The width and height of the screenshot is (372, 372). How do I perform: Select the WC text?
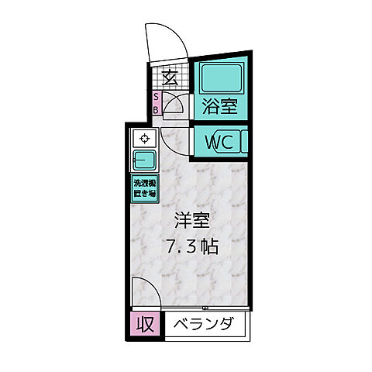219,143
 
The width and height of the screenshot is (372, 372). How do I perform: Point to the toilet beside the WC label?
245,143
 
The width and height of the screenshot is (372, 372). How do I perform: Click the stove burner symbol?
144,139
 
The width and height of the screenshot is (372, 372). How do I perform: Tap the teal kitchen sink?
144,161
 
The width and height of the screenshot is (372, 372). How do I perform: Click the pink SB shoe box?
156,103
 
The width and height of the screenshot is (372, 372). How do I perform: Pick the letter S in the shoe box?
156,97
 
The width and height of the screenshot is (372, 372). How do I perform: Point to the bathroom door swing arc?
176,104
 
